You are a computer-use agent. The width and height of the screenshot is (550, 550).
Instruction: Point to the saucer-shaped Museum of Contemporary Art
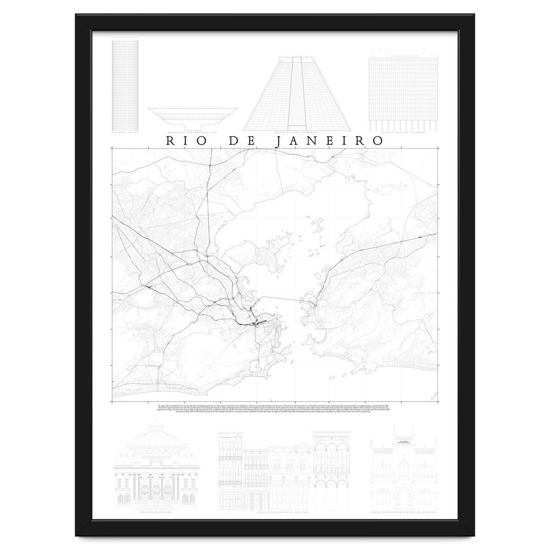(192, 116)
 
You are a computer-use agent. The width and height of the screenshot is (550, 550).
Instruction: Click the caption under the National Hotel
(125, 133)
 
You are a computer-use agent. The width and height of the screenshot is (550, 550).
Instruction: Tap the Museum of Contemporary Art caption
(192, 133)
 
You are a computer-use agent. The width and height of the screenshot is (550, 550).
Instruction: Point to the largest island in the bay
(266, 252)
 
